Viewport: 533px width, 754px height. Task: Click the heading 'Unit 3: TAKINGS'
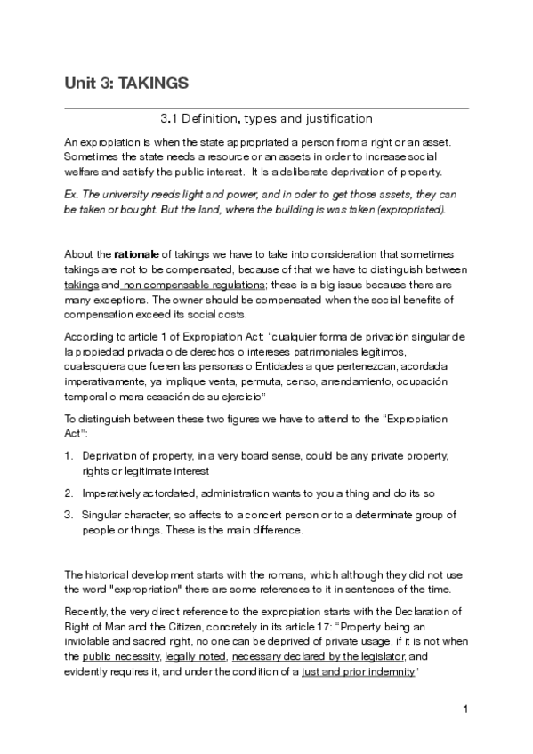pyautogui.click(x=125, y=83)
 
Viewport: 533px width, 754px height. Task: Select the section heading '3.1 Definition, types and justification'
pyautogui.click(x=265, y=117)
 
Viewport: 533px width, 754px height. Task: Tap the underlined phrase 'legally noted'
pyautogui.click(x=197, y=657)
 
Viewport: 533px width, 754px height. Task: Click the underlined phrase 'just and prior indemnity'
pyautogui.click(x=358, y=671)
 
